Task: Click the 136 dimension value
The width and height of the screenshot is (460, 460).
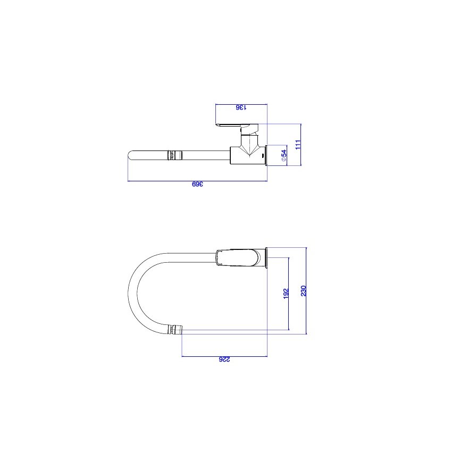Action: point(241,107)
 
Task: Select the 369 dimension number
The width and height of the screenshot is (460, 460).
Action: point(197,184)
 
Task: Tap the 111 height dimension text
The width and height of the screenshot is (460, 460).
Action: point(298,145)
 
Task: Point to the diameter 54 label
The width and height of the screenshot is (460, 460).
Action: point(283,155)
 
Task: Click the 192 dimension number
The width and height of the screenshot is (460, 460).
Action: point(286,294)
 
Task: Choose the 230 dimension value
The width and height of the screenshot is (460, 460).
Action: point(303,291)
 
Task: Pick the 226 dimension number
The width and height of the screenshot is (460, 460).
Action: point(224,359)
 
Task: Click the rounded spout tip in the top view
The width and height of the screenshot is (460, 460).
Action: point(129,155)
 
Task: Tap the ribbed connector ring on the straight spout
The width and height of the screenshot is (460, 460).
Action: point(174,155)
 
